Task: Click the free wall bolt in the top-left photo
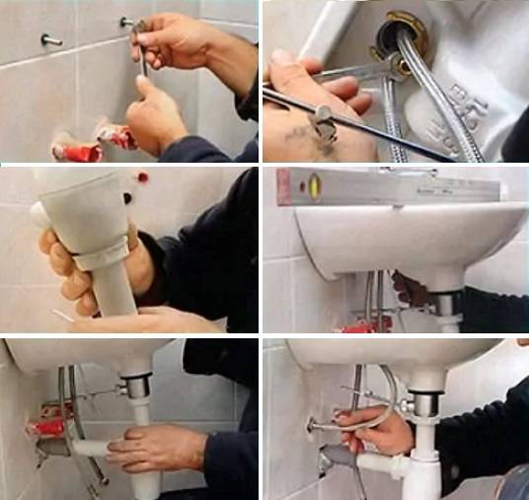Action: tap(49, 40)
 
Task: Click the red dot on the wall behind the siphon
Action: tap(143, 179)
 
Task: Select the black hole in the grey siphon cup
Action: tap(127, 197)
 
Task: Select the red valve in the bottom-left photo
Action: tap(48, 426)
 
